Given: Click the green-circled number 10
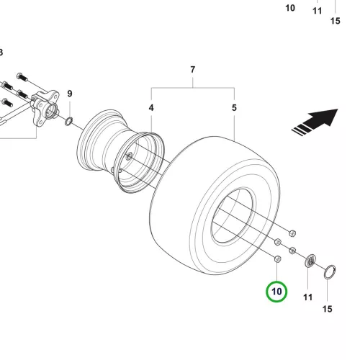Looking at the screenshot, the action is click(276, 292).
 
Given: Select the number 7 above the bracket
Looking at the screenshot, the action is click(193, 70).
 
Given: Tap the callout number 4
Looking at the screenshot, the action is click(151, 108).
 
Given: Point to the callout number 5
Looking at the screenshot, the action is click(234, 108).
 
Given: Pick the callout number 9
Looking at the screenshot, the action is click(70, 94).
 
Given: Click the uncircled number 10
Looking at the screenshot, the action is click(290, 8).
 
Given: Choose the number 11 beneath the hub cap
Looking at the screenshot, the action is click(308, 297).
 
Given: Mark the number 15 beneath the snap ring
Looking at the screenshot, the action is click(328, 309).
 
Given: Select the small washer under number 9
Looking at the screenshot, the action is click(69, 122).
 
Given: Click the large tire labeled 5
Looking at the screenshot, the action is click(215, 206).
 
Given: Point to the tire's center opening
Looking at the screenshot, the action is click(233, 216).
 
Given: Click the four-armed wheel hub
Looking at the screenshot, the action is click(45, 107).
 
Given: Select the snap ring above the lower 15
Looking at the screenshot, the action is click(330, 271).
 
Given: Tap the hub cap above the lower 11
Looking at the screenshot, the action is click(310, 261).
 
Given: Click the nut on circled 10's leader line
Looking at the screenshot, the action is click(277, 259).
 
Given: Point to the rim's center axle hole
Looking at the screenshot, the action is click(129, 157).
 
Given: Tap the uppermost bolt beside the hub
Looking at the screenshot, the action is click(22, 77).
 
